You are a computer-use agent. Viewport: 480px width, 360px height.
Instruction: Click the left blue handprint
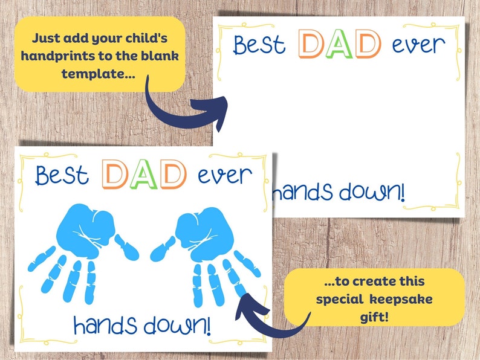[x=79, y=242]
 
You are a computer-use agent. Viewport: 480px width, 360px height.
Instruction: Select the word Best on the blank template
[x=261, y=45]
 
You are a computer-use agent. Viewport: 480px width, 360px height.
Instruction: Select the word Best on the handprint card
[x=62, y=175]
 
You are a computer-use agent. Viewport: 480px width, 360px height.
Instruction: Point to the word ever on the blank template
[x=418, y=44]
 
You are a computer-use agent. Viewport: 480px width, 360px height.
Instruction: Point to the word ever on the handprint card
[x=224, y=175]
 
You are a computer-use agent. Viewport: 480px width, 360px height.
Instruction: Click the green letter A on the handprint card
[x=144, y=174]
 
